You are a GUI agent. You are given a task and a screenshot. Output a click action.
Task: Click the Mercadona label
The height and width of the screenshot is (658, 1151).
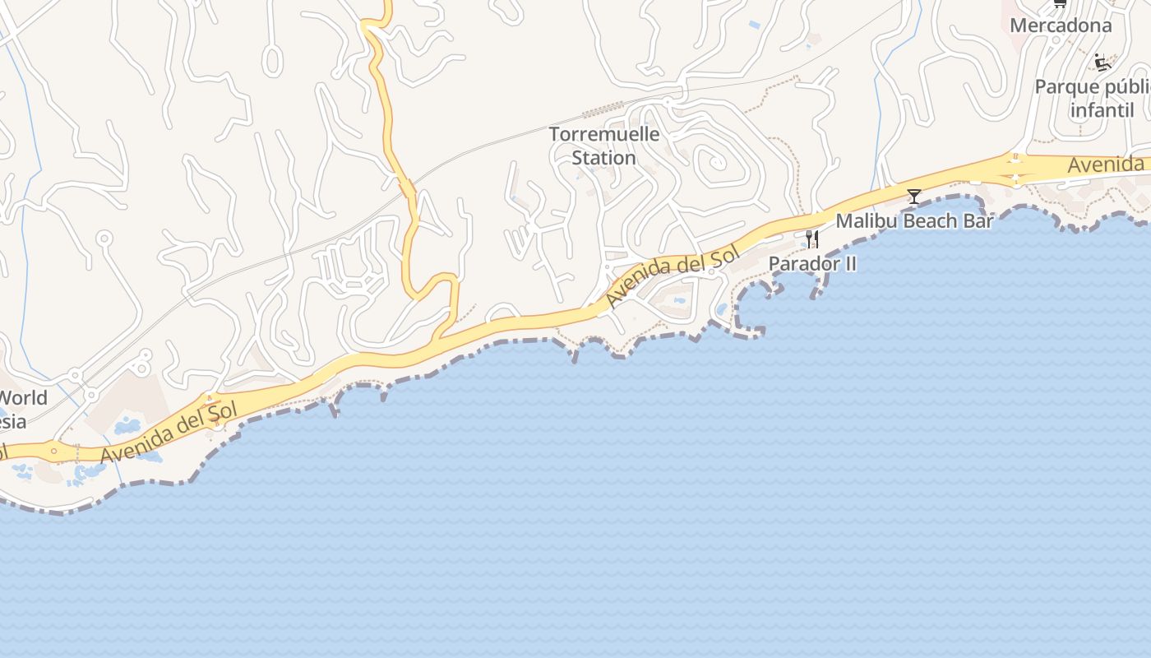coord(1061,25)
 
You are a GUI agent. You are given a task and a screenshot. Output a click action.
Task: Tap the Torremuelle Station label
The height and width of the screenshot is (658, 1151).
coord(604,146)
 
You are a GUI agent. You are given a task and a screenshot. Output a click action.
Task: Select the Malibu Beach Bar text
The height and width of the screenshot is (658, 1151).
coord(914,221)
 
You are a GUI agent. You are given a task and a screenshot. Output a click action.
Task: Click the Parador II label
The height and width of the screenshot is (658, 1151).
coord(812,264)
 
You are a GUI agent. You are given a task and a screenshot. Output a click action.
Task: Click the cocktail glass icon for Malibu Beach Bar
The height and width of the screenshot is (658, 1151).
coord(913,196)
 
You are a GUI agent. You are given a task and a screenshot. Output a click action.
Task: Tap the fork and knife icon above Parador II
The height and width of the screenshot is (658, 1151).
coord(811,239)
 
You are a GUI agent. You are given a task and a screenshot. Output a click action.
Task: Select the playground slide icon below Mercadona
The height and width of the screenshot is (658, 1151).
coord(1102,63)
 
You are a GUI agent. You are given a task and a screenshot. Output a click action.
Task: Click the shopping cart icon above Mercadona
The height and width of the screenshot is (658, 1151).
coord(1060,4)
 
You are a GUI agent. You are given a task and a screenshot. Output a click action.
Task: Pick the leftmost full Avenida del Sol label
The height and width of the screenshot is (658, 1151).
coord(169,432)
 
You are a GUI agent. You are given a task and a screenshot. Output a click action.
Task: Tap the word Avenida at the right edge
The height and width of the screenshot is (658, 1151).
coord(1105,165)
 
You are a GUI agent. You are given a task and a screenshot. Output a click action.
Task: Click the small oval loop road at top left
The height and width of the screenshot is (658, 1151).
coord(271,60)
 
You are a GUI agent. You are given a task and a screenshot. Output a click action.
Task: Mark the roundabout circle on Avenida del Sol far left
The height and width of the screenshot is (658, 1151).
coord(53,450)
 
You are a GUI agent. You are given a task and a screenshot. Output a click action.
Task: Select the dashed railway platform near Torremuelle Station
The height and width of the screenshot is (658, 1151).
coord(604,107)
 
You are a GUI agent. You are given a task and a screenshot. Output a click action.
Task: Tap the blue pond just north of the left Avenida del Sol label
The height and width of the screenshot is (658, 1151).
coord(127,426)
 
